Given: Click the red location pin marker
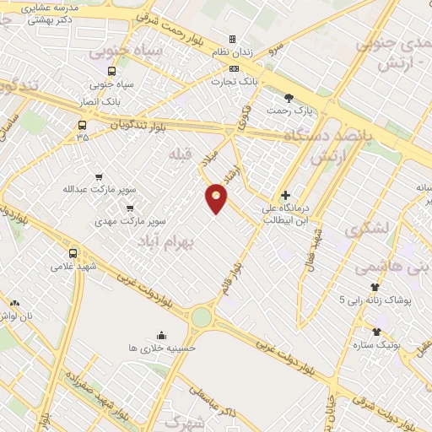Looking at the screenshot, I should click(217, 197).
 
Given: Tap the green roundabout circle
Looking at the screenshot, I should click(201, 317).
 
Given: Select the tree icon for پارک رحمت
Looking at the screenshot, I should click(290, 98).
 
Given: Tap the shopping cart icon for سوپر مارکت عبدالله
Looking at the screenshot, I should click(100, 177).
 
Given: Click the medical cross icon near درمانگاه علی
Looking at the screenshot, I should click(286, 195).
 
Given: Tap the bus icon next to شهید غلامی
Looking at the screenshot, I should click(73, 252).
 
